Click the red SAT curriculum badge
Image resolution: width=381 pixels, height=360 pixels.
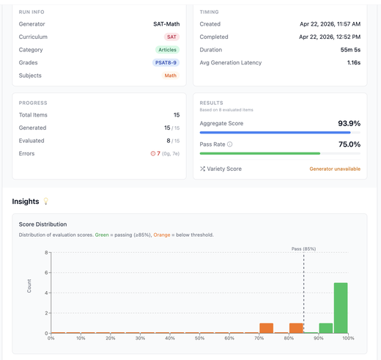click(171, 37)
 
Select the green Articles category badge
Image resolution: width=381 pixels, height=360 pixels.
click(167, 50)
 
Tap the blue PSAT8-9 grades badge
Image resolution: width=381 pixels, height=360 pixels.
click(166, 62)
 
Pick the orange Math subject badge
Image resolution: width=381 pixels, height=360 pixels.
click(171, 76)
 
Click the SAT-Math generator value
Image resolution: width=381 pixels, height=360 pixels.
click(166, 24)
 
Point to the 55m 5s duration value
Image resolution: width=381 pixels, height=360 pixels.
click(350, 50)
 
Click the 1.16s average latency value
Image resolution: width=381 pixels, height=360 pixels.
click(354, 62)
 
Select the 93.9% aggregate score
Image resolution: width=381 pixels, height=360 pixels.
click(349, 123)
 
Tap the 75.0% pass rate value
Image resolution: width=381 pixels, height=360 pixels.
click(349, 144)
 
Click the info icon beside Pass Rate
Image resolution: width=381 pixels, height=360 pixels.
click(230, 144)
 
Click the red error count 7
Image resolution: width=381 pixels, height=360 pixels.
click(158, 153)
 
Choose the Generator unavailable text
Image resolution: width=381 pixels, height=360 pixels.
click(335, 169)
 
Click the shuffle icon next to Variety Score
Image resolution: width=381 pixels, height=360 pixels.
click(202, 169)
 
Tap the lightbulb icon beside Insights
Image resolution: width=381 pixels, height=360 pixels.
click(45, 201)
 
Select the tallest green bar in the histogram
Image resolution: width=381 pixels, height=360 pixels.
click(341, 308)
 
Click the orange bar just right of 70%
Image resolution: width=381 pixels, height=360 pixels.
click(266, 328)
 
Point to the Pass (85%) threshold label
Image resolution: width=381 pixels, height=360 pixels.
click(303, 249)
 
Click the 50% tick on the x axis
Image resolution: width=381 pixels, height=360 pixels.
click(199, 338)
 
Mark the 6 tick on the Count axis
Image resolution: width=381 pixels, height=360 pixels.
click(46, 273)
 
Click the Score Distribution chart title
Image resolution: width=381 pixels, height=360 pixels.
click(42, 224)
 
